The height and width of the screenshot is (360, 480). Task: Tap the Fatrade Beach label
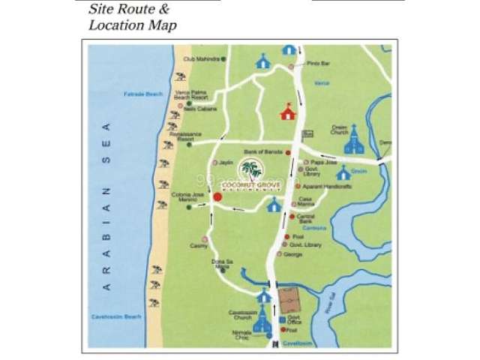[x=142, y=94]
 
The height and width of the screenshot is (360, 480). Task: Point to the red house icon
[x=287, y=112]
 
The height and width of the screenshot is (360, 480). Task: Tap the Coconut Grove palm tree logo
[x=256, y=169]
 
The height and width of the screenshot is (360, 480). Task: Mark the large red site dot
[x=217, y=197]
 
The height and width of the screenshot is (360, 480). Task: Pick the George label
[x=294, y=254]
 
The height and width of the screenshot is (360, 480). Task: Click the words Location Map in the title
[x=133, y=25]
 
